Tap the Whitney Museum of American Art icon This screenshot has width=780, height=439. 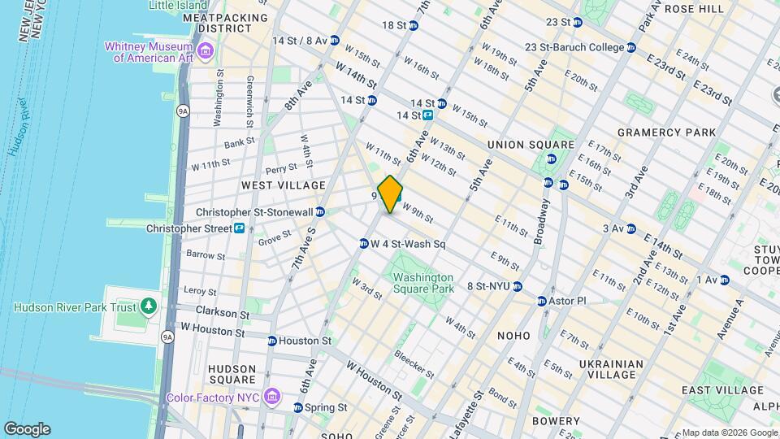pos(206,52)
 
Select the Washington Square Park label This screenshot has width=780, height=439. pos(422,282)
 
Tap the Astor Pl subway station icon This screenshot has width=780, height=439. pos(542,301)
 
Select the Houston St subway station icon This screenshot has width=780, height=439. pos(272,341)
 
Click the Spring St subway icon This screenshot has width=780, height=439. pos(298,407)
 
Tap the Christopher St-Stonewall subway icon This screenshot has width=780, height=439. pos(320,211)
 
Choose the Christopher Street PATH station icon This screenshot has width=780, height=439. pos(240,228)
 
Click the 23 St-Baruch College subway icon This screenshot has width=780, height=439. pos(630,47)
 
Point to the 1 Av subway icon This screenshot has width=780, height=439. pos(725,280)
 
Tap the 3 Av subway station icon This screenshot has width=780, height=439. pos(630,228)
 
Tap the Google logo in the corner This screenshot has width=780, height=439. pos(27,428)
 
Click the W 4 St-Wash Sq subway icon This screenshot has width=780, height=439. pos(364,243)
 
